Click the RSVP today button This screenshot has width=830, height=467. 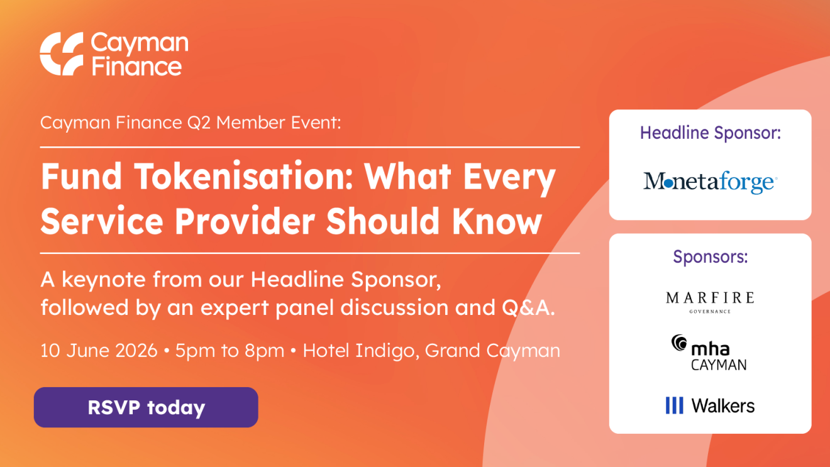tap(146, 407)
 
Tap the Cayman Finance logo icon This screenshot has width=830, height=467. tap(62, 53)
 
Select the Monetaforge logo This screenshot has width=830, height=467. tap(710, 182)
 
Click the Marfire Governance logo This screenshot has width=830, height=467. tap(710, 302)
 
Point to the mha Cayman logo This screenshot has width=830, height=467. tap(709, 352)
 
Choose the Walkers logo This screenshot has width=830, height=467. tap(710, 405)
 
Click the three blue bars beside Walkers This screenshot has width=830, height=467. tap(674, 405)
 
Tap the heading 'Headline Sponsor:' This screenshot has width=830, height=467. tap(711, 133)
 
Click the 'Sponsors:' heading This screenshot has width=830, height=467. tap(711, 256)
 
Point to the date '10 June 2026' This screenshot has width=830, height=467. tap(99, 350)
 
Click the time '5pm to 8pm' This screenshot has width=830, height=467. tap(230, 350)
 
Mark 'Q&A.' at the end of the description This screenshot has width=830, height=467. tap(528, 308)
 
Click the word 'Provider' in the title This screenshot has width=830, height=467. tap(245, 221)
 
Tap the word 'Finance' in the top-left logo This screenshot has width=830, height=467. tap(136, 67)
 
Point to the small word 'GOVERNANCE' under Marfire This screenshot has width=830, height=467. tap(710, 312)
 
